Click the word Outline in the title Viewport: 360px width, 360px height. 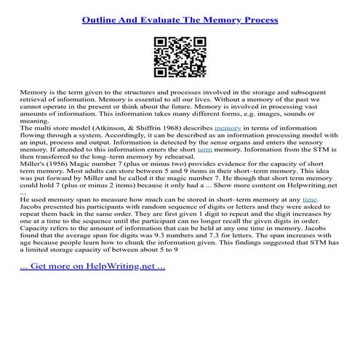pyautogui.click(x=99, y=20)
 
